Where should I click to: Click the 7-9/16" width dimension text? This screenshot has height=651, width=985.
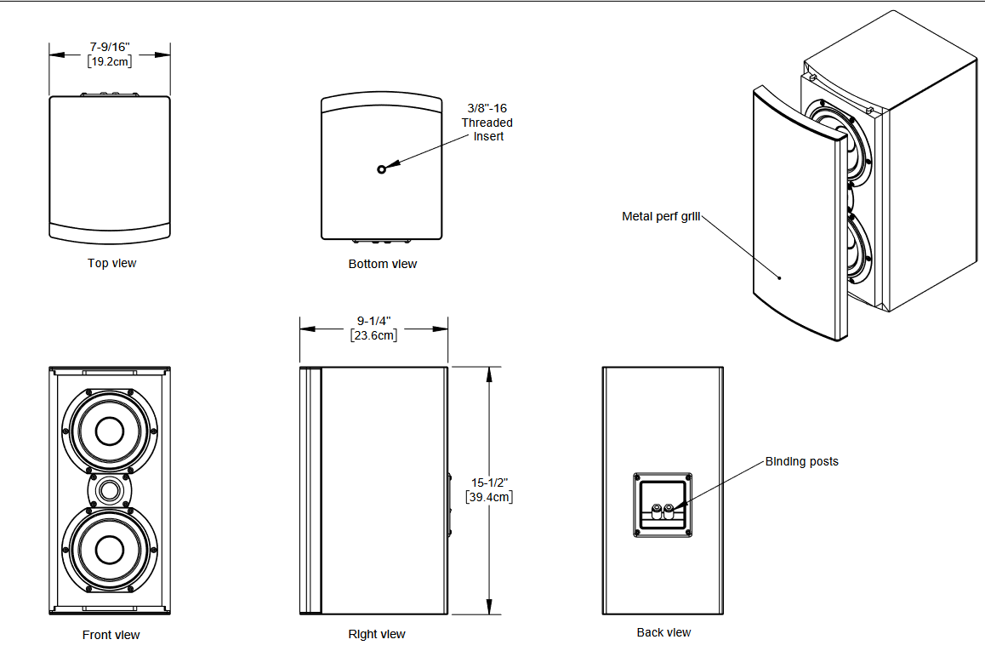pos(110,46)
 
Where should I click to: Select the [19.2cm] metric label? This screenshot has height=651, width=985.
pos(110,61)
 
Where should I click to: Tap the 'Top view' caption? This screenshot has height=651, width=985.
pos(111,263)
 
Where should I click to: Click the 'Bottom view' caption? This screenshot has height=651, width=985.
pos(383,264)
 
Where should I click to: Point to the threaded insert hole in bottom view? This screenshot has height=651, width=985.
pos(382,169)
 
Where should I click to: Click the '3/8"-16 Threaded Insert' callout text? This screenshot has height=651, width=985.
pos(487,122)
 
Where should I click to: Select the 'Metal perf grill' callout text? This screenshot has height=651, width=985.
pos(661,216)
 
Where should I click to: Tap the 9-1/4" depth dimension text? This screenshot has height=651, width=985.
pos(374,321)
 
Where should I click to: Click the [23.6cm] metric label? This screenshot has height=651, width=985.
pos(374,335)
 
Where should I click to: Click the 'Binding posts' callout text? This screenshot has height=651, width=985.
pos(801,461)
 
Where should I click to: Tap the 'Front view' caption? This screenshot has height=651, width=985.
pos(111,635)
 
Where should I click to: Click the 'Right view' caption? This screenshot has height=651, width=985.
pos(377,634)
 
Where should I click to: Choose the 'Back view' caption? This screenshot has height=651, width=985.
pos(663,632)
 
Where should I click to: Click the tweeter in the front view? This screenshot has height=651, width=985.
pos(109,491)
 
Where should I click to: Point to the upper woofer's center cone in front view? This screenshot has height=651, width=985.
pos(109,432)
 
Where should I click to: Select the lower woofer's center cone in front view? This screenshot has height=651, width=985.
pos(109,549)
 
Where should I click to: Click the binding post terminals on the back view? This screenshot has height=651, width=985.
pos(663,511)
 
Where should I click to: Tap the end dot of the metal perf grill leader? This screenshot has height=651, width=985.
pos(780,277)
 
